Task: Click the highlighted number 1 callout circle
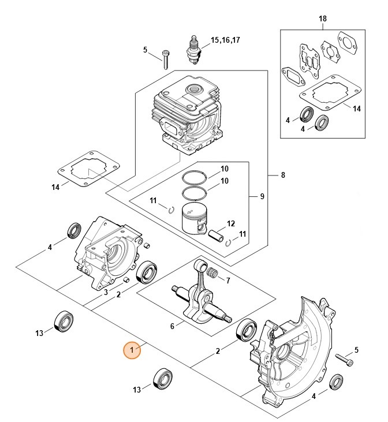coord(133,350)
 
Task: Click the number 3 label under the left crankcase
coord(106,293)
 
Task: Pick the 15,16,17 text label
coord(225,40)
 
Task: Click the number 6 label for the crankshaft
coord(172,327)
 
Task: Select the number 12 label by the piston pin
coord(231,223)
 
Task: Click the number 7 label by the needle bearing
coord(228,281)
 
